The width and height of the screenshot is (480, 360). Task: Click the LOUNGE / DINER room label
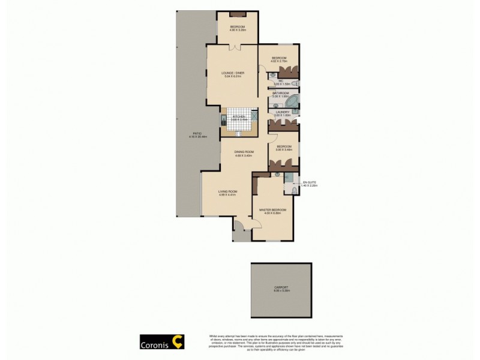tap(233, 73)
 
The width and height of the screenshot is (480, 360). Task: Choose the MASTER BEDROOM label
tap(272, 209)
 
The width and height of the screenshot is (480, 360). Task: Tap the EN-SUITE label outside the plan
tap(310, 181)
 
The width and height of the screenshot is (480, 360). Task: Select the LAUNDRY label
tap(282, 112)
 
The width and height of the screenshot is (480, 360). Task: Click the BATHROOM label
tap(281, 94)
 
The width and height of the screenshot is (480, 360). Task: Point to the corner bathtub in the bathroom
tap(296, 99)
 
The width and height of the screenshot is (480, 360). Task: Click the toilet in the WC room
tap(271, 83)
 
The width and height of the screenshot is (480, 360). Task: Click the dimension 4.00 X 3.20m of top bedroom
tap(238, 31)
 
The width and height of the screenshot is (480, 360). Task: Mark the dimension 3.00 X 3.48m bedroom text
tap(284, 150)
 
